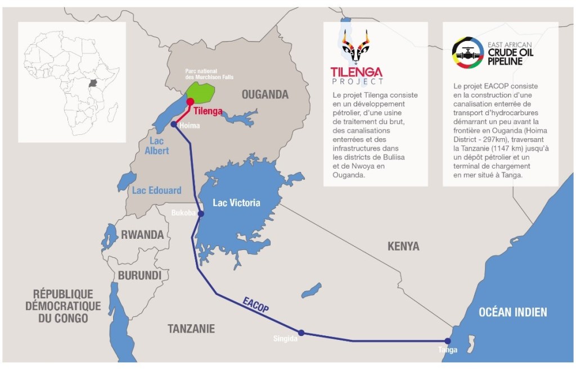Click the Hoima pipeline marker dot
point(173,125)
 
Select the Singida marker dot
point(301,333)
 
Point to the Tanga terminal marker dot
point(448,340)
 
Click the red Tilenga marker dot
point(190,102)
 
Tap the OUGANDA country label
point(265,94)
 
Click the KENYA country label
point(403,246)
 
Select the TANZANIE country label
point(191,329)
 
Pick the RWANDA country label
point(142,235)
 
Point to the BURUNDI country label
point(140,275)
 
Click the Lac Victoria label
point(236,202)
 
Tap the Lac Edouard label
point(157,190)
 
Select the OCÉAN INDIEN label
point(512,312)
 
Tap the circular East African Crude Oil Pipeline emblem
point(467,53)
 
